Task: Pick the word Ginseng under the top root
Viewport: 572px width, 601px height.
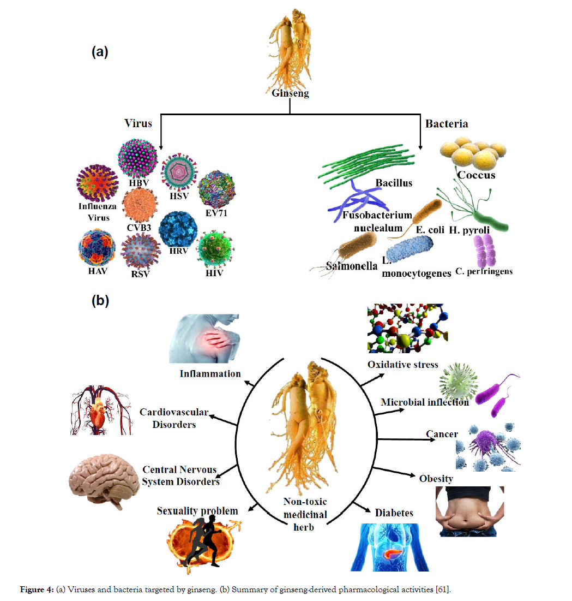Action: pyautogui.click(x=290, y=93)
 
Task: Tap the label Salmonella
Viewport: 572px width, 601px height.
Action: pyautogui.click(x=345, y=266)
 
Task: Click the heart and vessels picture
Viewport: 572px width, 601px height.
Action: pyautogui.click(x=102, y=410)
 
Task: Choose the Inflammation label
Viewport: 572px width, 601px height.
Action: pyautogui.click(x=210, y=373)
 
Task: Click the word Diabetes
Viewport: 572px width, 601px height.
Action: pyautogui.click(x=394, y=513)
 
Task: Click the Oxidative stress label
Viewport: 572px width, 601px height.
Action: pyautogui.click(x=402, y=365)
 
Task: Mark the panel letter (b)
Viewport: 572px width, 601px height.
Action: pyautogui.click(x=100, y=301)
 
